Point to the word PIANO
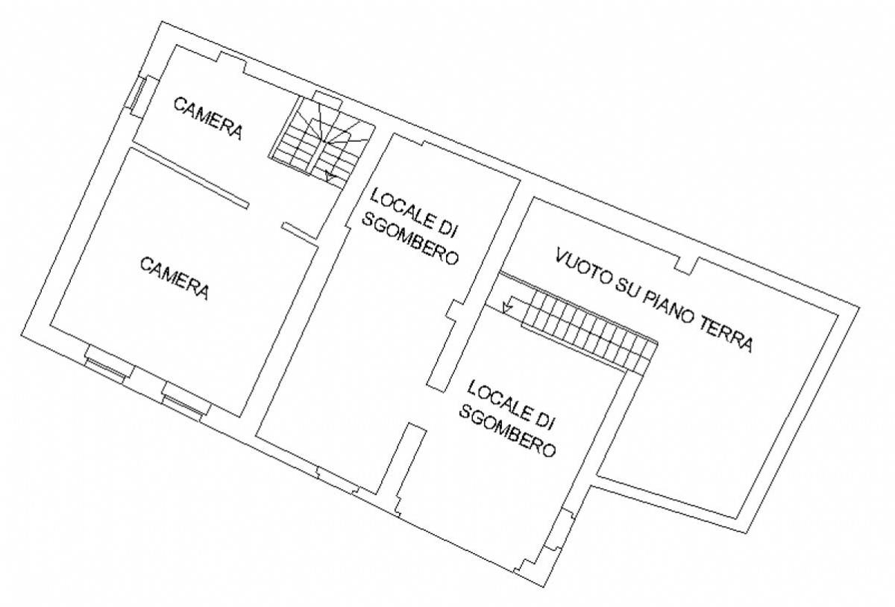[x=666, y=305]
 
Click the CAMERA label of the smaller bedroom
[x=208, y=118]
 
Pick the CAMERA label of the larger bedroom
[x=175, y=278]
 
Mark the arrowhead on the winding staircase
[x=330, y=177]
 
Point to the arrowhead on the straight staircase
[x=507, y=307]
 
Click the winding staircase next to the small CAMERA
[x=322, y=140]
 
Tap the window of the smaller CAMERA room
[x=138, y=96]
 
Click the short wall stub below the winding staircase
[x=300, y=232]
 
